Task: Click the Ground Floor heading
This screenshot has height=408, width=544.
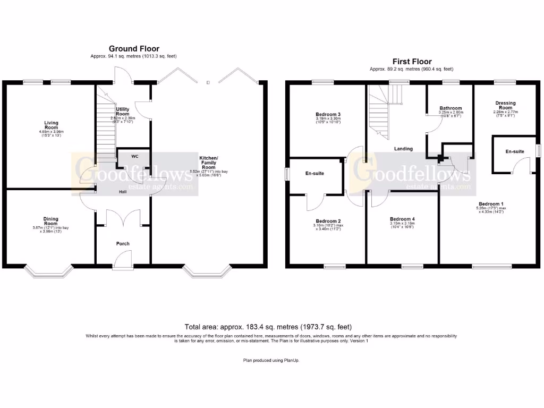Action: pos(134,49)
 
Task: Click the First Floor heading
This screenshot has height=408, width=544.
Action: pos(412,62)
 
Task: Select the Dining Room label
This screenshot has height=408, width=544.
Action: pos(51,221)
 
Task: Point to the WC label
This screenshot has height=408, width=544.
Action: pos(127,156)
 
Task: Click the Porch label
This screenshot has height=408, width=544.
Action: pos(123,244)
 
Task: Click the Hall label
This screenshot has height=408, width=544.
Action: pos(122,192)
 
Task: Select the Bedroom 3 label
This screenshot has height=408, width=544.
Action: pos(328,114)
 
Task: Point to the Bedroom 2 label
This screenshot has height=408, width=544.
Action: pos(328,221)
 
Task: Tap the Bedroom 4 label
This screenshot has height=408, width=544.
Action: pos(402,219)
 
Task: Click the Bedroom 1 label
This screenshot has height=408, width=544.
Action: pos(491,204)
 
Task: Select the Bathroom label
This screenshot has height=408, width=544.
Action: pos(450,108)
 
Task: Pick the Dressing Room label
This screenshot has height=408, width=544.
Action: pos(505,105)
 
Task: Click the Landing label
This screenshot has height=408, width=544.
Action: pos(403,149)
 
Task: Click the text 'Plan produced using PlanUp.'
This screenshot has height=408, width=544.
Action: pos(271,360)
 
